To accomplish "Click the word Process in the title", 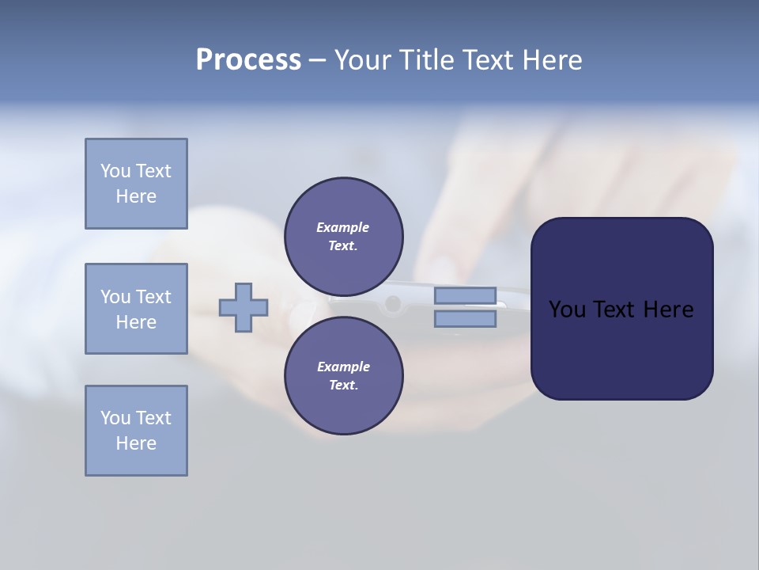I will click(248, 60).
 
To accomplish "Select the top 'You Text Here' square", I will click(136, 184).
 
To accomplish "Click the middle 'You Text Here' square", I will click(136, 309).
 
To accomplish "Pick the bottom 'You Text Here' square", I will click(136, 431).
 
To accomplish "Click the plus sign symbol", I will click(244, 307).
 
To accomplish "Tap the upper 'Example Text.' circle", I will click(343, 237).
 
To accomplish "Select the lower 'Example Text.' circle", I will click(343, 376).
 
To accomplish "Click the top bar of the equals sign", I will click(465, 295).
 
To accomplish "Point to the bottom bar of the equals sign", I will click(465, 319).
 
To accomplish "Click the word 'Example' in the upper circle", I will click(343, 227).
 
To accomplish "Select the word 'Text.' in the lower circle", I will click(343, 386).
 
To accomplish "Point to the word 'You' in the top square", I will click(115, 171).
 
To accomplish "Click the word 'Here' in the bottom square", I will click(136, 443).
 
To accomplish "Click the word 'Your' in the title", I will click(362, 60).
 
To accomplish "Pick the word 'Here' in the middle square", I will click(136, 322).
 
